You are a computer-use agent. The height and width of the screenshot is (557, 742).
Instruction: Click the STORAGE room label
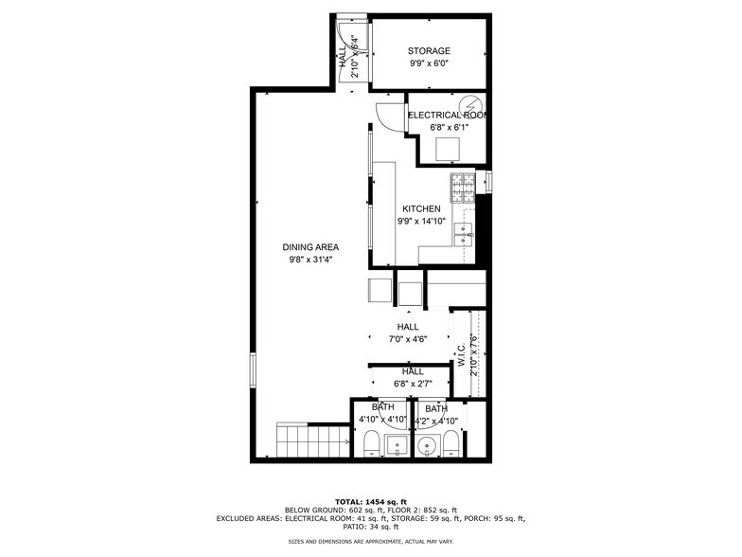429,51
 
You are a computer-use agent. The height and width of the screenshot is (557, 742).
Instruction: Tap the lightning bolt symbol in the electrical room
470,105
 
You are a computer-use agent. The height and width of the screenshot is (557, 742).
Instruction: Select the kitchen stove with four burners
462,188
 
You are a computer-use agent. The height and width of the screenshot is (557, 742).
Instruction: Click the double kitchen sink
463,234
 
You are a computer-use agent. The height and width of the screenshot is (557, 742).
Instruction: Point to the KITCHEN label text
421,209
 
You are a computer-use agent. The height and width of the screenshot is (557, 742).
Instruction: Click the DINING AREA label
310,247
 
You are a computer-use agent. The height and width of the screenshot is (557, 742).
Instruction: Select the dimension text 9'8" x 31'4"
310,260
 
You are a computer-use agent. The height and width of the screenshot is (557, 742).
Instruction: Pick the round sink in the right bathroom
430,447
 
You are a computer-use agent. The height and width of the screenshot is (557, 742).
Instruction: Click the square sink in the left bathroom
400,444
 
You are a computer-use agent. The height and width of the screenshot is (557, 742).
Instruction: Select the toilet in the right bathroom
452,444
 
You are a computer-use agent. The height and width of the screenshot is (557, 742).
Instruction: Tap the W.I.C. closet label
461,355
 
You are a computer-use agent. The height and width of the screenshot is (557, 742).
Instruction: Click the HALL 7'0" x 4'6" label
408,333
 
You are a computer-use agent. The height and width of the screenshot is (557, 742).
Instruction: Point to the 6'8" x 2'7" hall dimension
412,384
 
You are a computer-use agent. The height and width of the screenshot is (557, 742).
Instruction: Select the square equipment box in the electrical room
448,150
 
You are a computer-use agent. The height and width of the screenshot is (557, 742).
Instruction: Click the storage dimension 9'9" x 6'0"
429,64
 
